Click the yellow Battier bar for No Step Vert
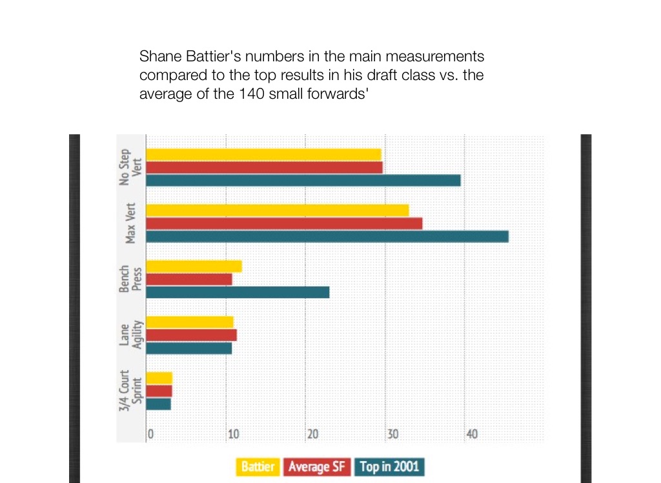[263, 154]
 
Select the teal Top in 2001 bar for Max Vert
[327, 236]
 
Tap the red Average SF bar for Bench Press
[189, 279]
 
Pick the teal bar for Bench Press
[238, 292]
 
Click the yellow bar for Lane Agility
[190, 322]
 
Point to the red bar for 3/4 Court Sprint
[159, 391]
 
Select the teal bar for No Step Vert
[303, 180]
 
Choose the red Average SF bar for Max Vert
[284, 223]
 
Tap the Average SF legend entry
[316, 467]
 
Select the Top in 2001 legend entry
[389, 467]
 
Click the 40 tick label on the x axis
[472, 434]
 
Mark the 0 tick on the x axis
[150, 434]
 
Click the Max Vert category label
[131, 223]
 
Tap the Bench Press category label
[131, 279]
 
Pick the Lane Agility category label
[131, 334]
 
